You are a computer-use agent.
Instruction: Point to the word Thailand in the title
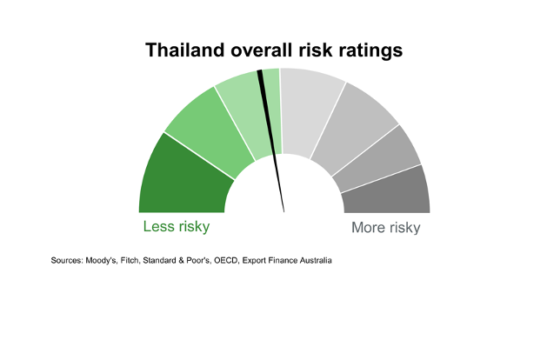(x=185, y=50)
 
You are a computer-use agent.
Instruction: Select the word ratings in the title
(x=370, y=51)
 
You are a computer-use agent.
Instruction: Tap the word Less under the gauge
(x=159, y=226)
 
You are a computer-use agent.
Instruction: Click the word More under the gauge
(x=369, y=228)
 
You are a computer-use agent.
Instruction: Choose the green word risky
(x=194, y=228)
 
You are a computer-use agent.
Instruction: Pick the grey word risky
(x=405, y=229)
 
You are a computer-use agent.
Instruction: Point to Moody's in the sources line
(x=101, y=261)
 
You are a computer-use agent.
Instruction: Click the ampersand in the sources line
(x=181, y=261)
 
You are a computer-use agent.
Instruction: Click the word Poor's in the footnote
(x=198, y=261)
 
